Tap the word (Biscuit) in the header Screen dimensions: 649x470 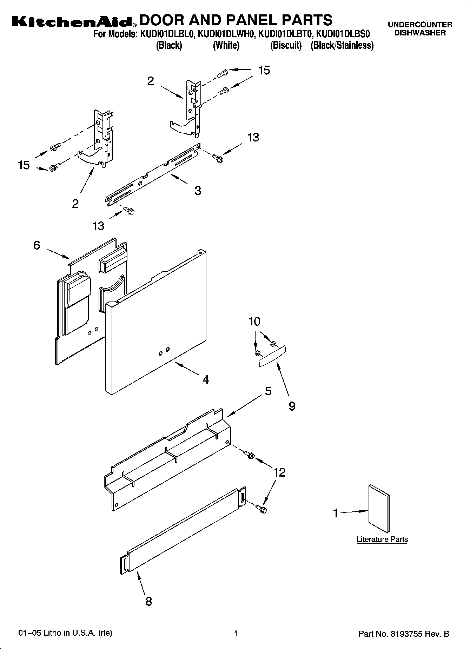tap(286, 46)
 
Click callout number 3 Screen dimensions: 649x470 tap(198, 191)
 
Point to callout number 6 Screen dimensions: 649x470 tap(37, 245)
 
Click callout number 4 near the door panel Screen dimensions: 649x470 tap(206, 379)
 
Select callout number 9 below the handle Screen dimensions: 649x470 tap(292, 406)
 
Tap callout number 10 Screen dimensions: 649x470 tap(255, 322)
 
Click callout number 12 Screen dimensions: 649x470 tap(279, 472)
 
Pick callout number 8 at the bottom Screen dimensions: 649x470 tap(148, 602)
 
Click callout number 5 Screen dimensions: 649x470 tap(268, 391)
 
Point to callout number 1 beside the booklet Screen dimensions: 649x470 tap(336, 514)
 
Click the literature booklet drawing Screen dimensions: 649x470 tap(379, 509)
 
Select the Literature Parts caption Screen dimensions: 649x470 tap(382, 539)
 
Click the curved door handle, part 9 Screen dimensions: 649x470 tap(272, 357)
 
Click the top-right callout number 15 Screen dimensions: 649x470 tap(264, 71)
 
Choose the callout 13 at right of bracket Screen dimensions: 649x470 tap(253, 137)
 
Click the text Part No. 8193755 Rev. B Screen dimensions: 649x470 tap(404, 634)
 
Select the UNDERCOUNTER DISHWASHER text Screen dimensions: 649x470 tap(420, 29)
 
